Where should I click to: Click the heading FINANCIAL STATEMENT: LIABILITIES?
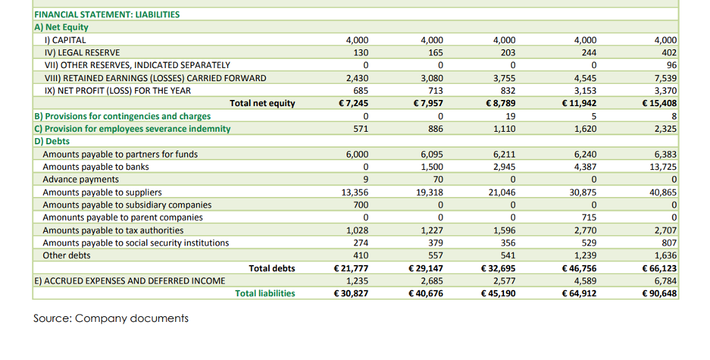click(107, 14)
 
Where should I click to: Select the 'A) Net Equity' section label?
click(62, 27)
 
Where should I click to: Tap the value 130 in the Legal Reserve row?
click(361, 53)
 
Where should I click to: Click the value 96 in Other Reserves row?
click(670, 65)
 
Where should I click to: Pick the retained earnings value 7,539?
click(666, 78)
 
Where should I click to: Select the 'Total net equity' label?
click(262, 103)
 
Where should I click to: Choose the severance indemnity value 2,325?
click(666, 129)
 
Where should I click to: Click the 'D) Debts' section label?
click(52, 142)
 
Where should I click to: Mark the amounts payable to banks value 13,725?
click(664, 167)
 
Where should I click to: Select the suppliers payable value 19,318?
click(430, 192)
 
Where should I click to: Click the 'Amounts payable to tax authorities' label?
click(113, 230)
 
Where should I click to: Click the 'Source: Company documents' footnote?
click(111, 318)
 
